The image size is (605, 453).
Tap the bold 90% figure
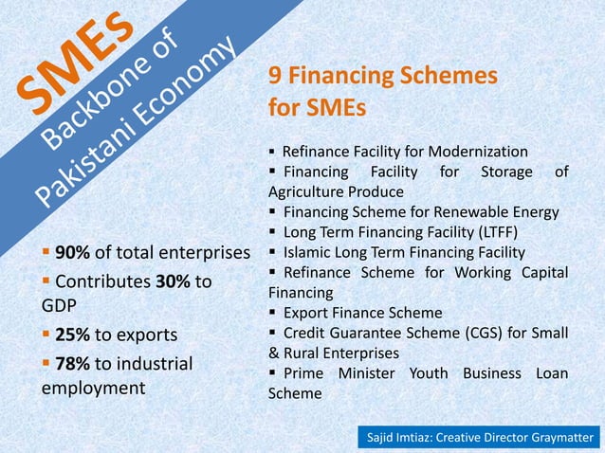point(71,253)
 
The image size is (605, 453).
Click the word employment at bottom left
point(92,388)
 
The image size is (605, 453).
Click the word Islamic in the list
point(309,252)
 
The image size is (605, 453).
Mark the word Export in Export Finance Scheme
point(304,313)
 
